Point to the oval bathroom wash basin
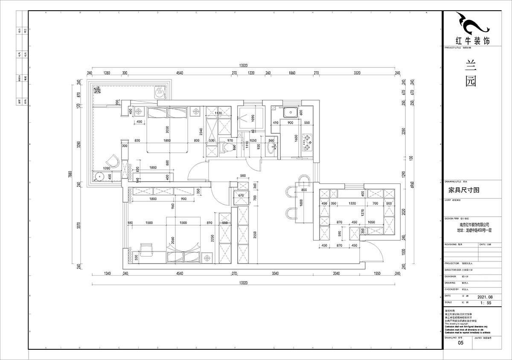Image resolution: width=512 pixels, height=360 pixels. [272, 148]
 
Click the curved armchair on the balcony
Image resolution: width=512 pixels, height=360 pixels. [112, 161]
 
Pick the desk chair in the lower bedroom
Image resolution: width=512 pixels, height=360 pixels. [146, 250]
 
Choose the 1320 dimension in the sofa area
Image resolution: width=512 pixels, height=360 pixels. [352, 204]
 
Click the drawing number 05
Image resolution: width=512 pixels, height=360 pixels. [460, 343]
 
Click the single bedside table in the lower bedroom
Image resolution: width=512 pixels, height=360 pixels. [207, 258]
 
